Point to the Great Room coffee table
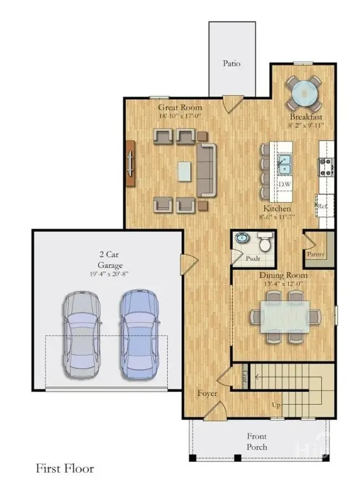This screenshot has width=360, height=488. [x=183, y=170]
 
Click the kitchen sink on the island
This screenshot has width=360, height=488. [x=284, y=165]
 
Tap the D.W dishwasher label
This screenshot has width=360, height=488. [x=284, y=185]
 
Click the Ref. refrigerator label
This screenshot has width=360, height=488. [x=322, y=207]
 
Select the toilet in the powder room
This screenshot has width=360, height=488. [x=265, y=242]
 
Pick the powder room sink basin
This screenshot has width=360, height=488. [x=242, y=239]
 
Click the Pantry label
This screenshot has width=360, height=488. [x=316, y=254]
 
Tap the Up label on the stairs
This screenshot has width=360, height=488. [x=275, y=404]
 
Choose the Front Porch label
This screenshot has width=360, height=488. [x=258, y=442]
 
